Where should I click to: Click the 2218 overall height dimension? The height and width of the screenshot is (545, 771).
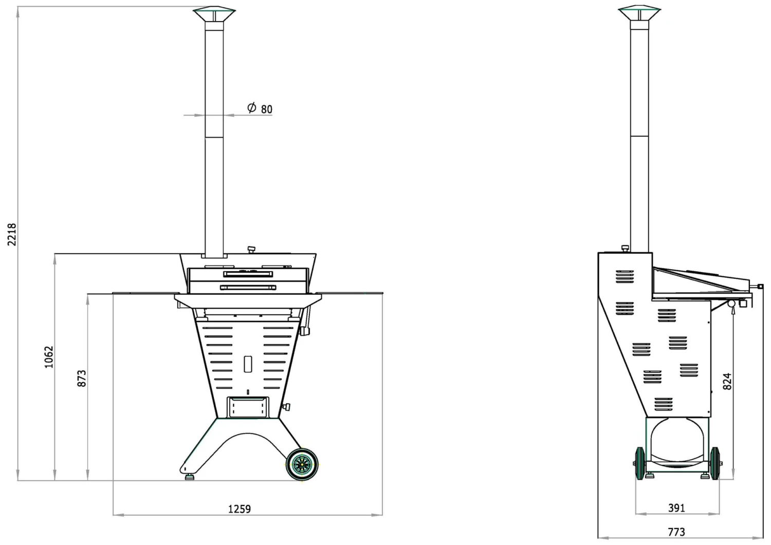point(12,234)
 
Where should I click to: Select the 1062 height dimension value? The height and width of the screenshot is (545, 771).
point(49,357)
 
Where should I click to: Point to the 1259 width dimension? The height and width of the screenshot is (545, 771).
point(240,509)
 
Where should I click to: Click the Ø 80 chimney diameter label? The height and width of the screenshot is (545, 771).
point(260,108)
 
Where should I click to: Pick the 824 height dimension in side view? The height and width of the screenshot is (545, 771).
point(727,382)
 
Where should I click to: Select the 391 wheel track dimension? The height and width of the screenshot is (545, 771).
point(676,508)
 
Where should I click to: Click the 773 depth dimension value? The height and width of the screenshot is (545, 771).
point(676,532)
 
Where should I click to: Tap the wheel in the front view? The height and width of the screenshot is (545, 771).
point(302,465)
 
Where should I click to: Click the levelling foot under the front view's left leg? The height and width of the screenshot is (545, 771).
point(190,477)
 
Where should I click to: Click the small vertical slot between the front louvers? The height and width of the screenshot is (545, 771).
point(248,364)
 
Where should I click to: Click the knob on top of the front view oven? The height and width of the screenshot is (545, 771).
point(251,250)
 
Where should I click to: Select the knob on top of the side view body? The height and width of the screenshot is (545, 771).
point(625,249)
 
